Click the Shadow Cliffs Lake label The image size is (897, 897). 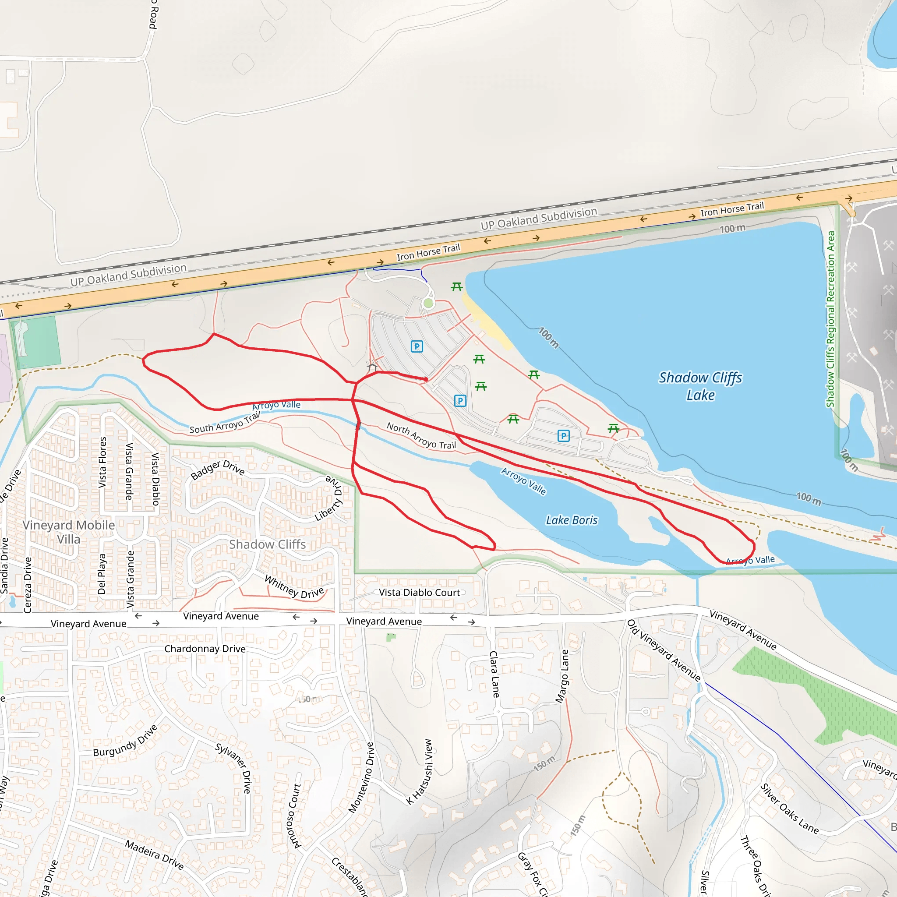700,386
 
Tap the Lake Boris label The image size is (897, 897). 572,520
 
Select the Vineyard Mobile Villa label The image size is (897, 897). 69,532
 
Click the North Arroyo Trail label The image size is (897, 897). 421,436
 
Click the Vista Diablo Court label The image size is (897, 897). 419,593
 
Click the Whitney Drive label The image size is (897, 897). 294,587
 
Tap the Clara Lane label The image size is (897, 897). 494,674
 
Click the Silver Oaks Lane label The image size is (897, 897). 789,809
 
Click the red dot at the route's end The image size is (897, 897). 426,379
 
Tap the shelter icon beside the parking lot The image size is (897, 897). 372,366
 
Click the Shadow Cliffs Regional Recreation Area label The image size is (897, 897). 830,319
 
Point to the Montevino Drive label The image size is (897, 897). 361,778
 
